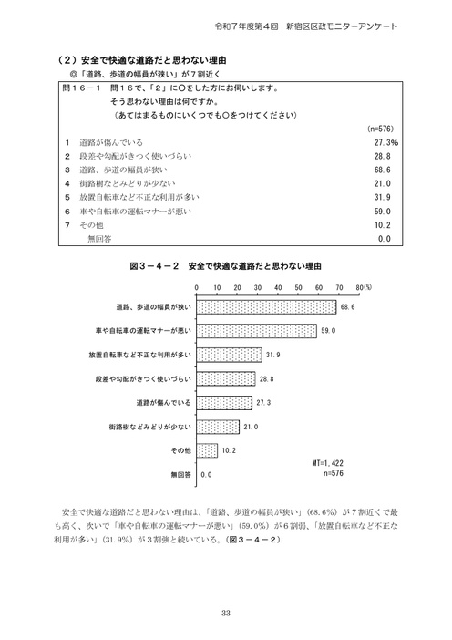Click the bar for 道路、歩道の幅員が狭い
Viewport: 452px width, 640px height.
pyautogui.click(x=267, y=307)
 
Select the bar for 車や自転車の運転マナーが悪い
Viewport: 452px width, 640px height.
pyautogui.click(x=257, y=331)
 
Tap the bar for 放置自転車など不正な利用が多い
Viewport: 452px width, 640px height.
pyautogui.click(x=230, y=355)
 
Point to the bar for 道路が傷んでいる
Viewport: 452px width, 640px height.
pyautogui.click(x=225, y=402)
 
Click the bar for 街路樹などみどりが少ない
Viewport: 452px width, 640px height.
pyautogui.click(x=218, y=426)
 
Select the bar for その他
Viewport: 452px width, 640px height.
pyautogui.click(x=207, y=449)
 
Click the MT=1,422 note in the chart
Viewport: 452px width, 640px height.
pyautogui.click(x=332, y=464)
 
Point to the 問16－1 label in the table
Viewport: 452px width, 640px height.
pyautogui.click(x=80, y=92)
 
